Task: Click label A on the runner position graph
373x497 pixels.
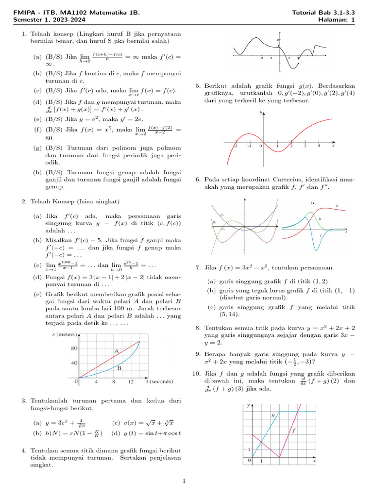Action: click(117, 350)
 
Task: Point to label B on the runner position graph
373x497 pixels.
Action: click(119, 368)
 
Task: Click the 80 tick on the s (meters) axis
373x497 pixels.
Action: click(74, 348)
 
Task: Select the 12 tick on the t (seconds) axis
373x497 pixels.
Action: click(131, 382)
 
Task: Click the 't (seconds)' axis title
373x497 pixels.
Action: click(160, 382)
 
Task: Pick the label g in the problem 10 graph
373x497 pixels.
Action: click(272, 415)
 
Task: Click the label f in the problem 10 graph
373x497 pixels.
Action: click(294, 430)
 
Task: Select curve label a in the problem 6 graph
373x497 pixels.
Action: click(337, 206)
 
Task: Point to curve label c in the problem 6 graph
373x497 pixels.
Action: click(321, 235)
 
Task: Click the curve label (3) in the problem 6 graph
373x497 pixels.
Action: click(221, 215)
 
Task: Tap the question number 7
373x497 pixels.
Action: click(198, 267)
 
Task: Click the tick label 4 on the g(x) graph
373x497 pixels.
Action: click(319, 146)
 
